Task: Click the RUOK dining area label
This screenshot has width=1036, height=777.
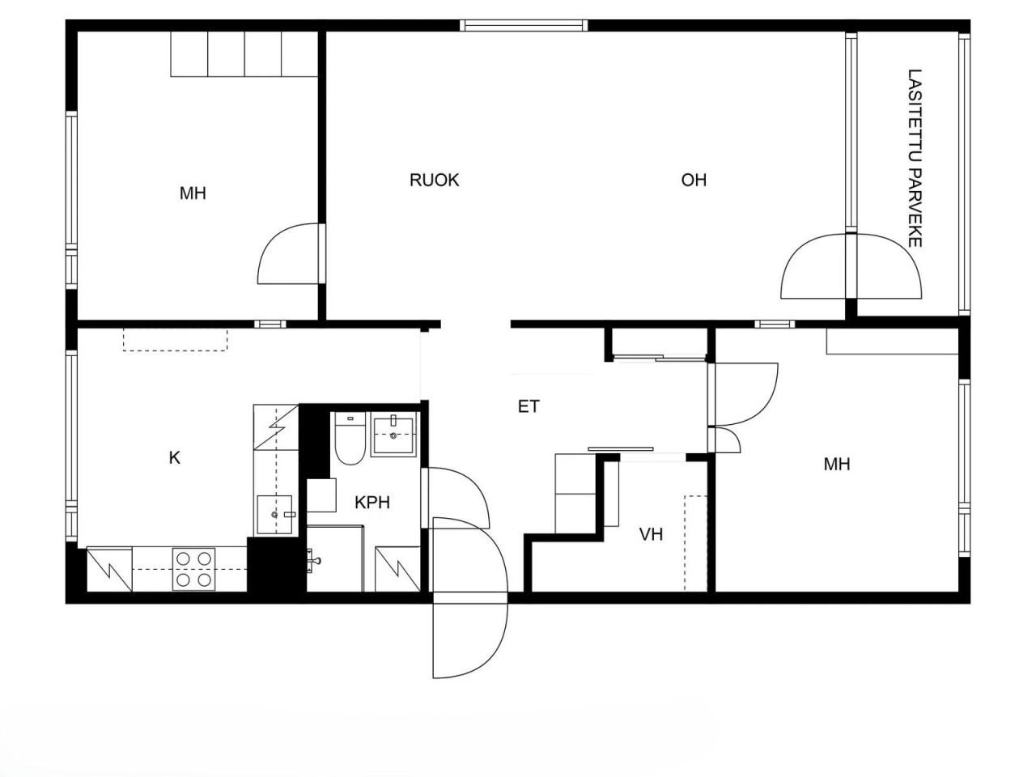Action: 434,180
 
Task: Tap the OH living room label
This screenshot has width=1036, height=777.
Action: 694,180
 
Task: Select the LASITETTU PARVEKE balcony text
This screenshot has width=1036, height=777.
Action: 915,158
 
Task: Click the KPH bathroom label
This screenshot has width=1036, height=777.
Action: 372,503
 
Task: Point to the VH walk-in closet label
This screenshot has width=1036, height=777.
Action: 651,534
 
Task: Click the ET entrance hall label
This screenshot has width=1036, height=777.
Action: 529,406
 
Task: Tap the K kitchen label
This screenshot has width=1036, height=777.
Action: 174,458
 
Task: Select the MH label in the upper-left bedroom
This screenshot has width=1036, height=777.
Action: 193,193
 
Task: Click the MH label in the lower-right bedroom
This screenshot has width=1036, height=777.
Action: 837,465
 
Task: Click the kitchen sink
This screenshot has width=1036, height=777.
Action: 274,515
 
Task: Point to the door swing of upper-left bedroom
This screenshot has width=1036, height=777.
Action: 287,256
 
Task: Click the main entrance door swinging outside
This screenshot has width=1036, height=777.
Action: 469,635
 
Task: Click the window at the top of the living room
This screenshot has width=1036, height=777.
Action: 524,26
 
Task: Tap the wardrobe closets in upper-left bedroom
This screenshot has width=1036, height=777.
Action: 244,54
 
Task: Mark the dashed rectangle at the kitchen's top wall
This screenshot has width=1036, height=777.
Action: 176,339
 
